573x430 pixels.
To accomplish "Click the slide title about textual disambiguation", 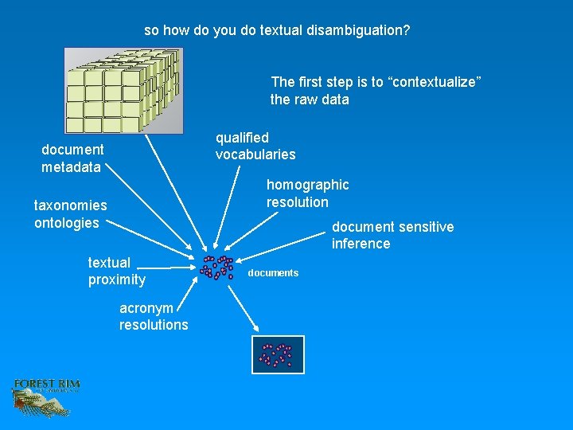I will (277, 31).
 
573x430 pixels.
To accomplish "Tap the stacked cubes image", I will (123, 90).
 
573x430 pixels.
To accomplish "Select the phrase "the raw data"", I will (310, 100).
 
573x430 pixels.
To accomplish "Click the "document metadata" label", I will (72, 158).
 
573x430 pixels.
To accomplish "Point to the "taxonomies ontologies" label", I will (70, 214).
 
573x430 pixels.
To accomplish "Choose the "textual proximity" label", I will (116, 271).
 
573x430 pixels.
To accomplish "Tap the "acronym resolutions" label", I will (154, 316).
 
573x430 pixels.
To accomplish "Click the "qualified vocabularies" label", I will (255, 146).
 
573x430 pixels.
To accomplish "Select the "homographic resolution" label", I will (307, 193).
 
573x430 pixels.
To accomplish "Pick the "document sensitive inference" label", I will (392, 235).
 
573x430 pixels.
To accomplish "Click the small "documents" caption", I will (273, 273).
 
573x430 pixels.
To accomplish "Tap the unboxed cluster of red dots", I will (216, 268).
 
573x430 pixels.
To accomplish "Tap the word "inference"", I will (361, 244).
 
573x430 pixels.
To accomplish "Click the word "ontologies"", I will (67, 223).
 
